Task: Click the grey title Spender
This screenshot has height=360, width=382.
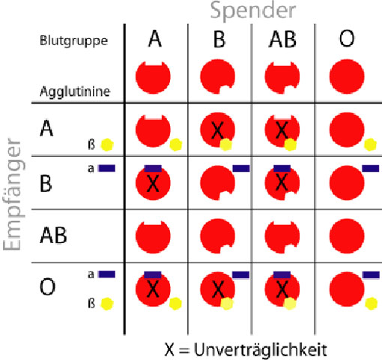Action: [253, 11]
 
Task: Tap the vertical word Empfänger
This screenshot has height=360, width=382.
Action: [13, 194]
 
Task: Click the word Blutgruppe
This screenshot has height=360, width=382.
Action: [73, 40]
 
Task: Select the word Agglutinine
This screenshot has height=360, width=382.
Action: [75, 91]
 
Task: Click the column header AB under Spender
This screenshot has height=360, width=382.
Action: [282, 40]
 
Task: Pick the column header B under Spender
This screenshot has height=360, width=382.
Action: [219, 40]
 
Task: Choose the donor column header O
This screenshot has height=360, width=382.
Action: [347, 39]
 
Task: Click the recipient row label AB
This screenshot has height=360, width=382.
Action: [53, 235]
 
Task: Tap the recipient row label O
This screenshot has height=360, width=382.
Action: [47, 287]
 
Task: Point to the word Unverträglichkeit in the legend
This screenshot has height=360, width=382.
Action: [261, 349]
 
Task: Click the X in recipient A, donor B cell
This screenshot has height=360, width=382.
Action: [217, 130]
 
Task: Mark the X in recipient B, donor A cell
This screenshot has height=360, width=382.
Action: [153, 183]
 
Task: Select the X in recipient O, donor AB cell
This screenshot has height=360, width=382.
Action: [282, 289]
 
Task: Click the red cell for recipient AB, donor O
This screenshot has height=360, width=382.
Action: [347, 236]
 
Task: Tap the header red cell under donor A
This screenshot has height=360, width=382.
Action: [153, 77]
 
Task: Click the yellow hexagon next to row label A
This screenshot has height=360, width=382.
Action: [107, 145]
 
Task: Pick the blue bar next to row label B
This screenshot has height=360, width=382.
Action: [107, 168]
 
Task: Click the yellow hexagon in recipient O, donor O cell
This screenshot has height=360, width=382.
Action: [372, 304]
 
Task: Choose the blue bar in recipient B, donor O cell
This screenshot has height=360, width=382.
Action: [371, 168]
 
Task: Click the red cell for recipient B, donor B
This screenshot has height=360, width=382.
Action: [217, 183]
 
